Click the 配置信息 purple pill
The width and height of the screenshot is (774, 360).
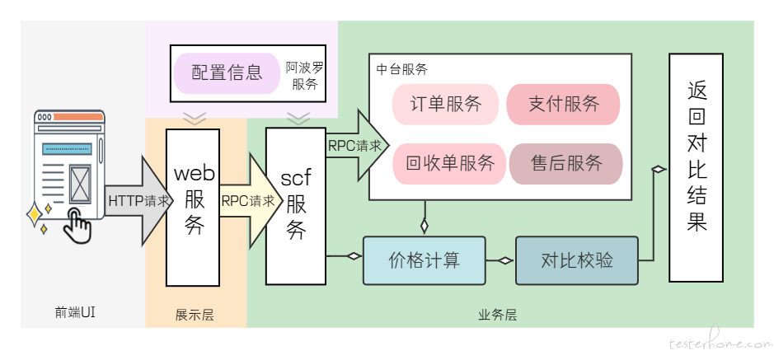[227, 73]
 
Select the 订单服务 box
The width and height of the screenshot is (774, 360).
[446, 104]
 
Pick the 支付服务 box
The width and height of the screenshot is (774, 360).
[563, 104]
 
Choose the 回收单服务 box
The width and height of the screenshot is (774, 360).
[449, 164]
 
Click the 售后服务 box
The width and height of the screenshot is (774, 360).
[566, 164]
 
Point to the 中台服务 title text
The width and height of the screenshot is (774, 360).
[401, 69]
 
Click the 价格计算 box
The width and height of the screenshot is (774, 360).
[425, 260]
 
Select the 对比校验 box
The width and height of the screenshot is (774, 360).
[577, 260]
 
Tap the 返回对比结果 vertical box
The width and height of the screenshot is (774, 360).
[696, 168]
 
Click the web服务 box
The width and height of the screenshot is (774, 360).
[193, 207]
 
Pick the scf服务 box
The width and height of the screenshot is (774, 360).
[296, 206]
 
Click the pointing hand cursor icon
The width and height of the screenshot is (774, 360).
[77, 225]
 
